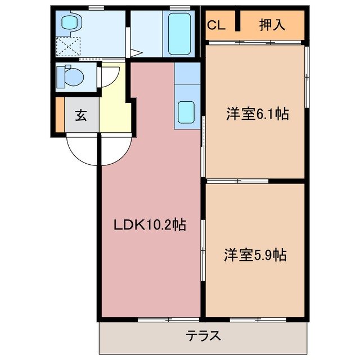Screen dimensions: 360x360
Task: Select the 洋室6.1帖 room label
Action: pos(257,114)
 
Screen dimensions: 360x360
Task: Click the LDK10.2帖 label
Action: pos(150,225)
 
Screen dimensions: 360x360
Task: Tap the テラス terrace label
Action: pos(203,336)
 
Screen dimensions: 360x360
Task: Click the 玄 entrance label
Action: pos(81,116)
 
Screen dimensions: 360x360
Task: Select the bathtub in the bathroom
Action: pos(179,33)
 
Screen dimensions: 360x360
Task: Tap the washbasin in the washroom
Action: pos(70,22)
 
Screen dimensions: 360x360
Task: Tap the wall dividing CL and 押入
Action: pos(238,24)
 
